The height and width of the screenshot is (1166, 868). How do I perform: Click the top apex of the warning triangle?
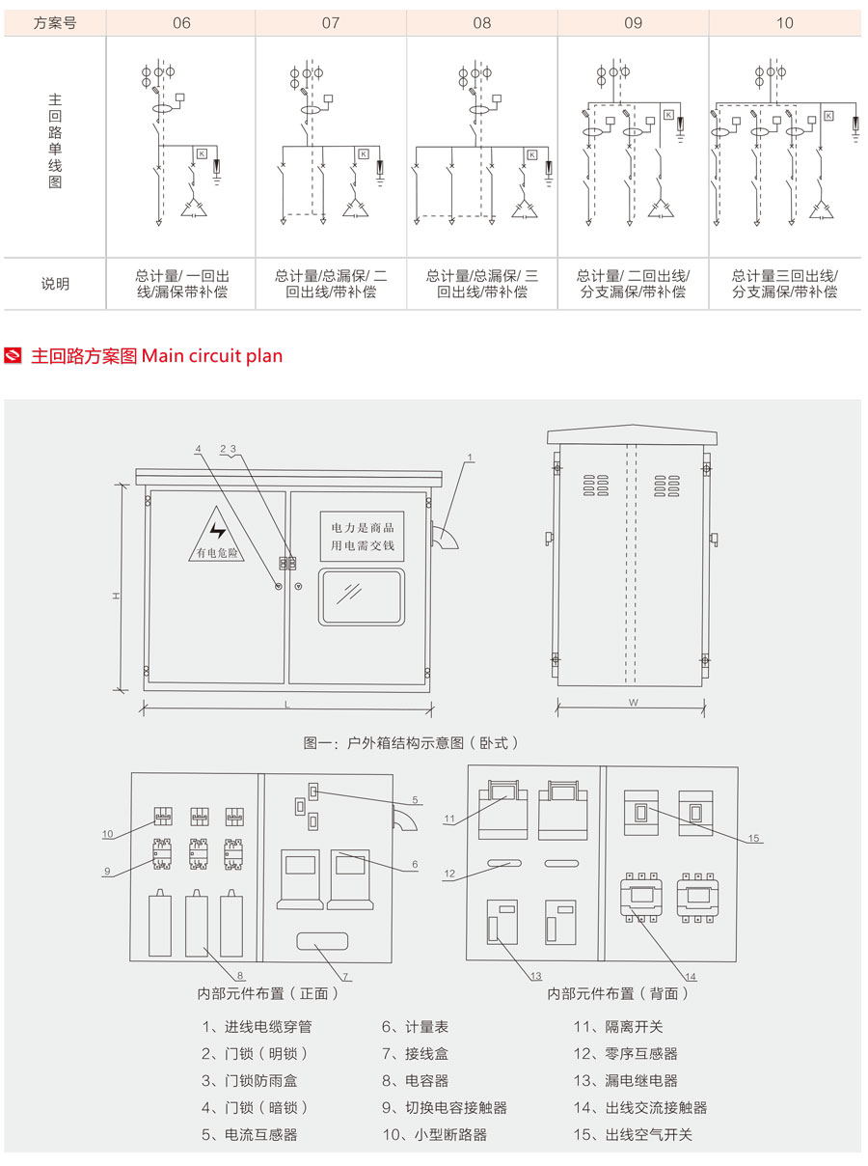[x=216, y=506]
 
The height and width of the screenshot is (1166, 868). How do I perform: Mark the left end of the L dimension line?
[x=143, y=708]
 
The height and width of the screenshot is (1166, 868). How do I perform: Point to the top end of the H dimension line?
[x=122, y=485]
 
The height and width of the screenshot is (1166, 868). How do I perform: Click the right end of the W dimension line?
[x=704, y=708]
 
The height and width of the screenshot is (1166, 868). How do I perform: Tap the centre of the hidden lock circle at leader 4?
[x=279, y=586]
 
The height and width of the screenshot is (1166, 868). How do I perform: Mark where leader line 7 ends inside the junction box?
[x=314, y=944]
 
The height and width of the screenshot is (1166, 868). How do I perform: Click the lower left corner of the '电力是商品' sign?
[x=320, y=561]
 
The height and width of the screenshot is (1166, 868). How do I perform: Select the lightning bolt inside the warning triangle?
[x=218, y=531]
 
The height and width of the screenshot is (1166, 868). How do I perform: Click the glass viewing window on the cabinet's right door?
[x=362, y=597]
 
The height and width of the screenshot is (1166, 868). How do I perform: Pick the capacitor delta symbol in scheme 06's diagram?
[x=194, y=208]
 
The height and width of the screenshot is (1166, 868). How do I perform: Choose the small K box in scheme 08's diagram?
[x=531, y=154]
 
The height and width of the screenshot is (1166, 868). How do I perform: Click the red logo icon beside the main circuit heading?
[x=13, y=356]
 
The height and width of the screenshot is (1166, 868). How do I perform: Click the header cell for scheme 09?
[x=633, y=22]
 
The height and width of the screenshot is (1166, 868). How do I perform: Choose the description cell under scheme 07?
[x=331, y=284]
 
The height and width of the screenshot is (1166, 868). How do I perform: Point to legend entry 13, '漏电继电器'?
[x=625, y=1080]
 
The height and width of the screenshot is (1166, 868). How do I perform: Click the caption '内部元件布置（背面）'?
[x=618, y=993]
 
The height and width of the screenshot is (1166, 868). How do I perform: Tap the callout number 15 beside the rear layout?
[x=753, y=838]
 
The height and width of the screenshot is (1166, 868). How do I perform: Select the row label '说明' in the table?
[x=55, y=284]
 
